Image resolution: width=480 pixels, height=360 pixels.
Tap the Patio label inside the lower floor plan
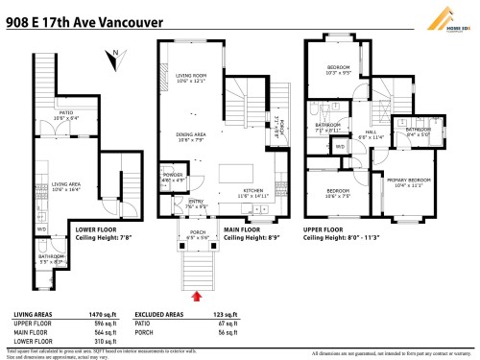66,114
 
